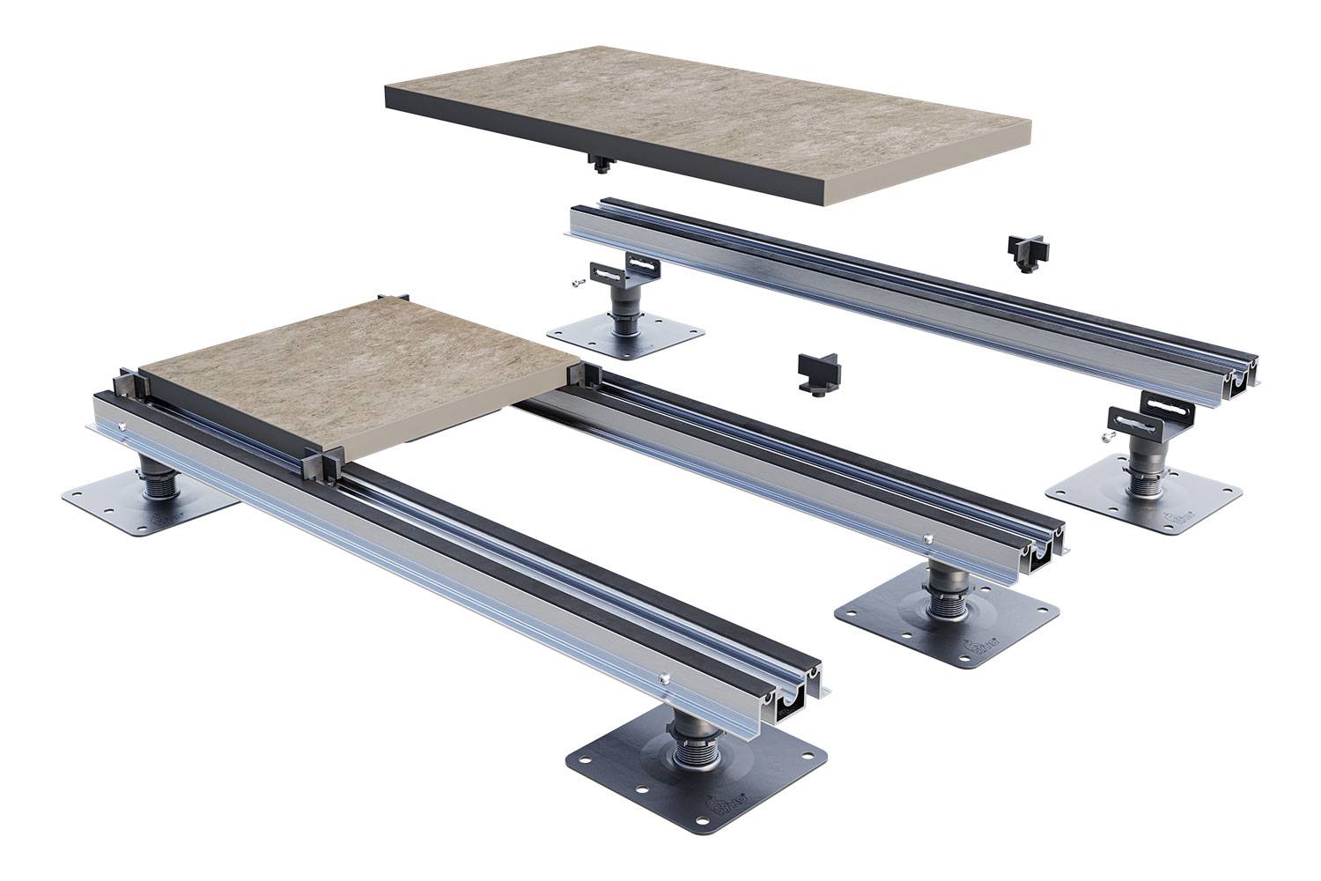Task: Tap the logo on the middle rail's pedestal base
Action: (x=985, y=650)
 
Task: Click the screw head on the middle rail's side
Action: (x=926, y=537)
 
